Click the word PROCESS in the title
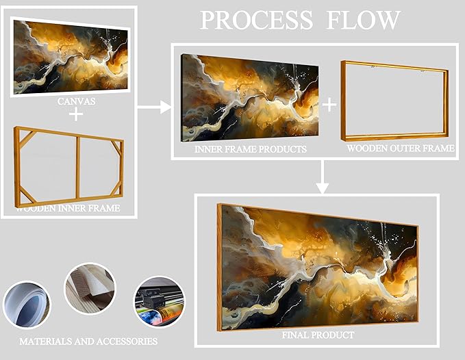tap(251, 20)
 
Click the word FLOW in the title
tap(362, 20)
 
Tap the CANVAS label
tap(76, 101)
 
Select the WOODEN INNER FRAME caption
tap(68, 208)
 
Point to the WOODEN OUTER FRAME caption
tap(400, 148)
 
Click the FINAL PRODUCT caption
tap(318, 335)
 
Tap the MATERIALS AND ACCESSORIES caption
tap(88, 341)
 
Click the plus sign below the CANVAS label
tap(76, 114)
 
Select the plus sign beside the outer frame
tap(330, 104)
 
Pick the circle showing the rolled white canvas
tap(27, 303)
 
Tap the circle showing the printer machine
tap(159, 302)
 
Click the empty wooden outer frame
tap(395, 101)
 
